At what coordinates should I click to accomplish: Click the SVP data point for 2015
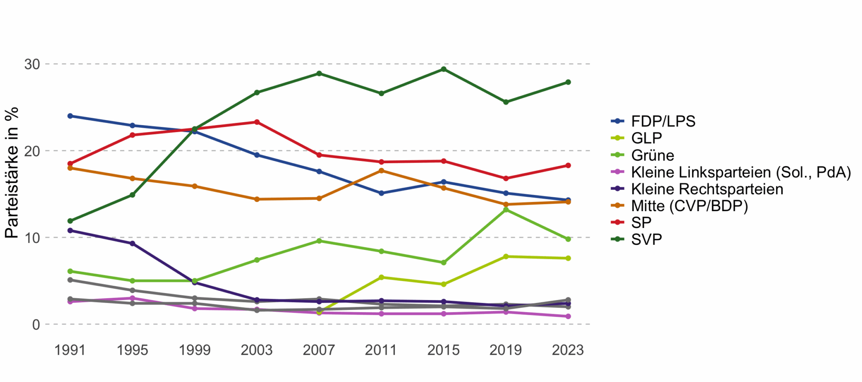point(443,69)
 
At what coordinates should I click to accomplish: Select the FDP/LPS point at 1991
point(70,116)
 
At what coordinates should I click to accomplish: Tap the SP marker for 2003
point(257,122)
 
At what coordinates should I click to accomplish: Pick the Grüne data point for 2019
point(506,210)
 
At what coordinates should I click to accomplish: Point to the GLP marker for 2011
point(381,278)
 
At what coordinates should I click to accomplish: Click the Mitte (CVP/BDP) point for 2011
point(381,170)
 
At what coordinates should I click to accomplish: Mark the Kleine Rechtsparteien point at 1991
point(70,230)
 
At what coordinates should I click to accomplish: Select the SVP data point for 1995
point(132,195)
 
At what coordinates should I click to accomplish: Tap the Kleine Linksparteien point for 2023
point(568,316)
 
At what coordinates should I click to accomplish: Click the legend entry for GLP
point(646,138)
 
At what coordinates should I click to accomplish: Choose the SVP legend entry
point(646,240)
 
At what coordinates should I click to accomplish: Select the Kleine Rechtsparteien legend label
point(707,189)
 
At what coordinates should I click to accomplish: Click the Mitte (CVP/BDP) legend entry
point(689,206)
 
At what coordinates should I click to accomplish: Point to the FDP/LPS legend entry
point(663,121)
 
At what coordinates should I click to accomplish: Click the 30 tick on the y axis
point(32,64)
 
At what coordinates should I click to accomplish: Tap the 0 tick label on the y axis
point(36,325)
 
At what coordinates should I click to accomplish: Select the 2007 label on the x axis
point(319,350)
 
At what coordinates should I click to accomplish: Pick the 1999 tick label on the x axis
point(194,350)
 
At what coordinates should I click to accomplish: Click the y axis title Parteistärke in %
point(12,173)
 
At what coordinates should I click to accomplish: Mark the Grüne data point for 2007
point(319,241)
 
